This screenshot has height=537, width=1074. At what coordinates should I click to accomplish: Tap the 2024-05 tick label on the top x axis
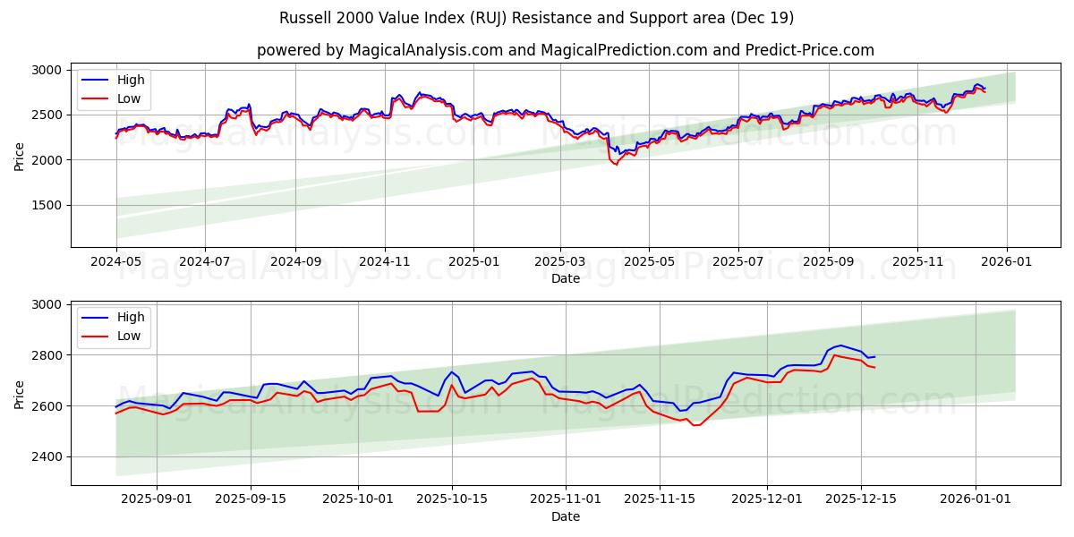click(x=115, y=261)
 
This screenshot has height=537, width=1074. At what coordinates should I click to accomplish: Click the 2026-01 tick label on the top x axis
click(x=1007, y=261)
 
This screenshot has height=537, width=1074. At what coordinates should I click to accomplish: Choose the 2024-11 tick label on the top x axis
click(x=385, y=261)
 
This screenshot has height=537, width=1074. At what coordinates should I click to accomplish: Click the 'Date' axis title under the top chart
click(x=565, y=278)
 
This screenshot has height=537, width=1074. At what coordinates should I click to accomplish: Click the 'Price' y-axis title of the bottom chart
click(x=20, y=394)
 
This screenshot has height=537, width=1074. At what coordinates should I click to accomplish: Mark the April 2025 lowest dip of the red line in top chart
click(x=616, y=165)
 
